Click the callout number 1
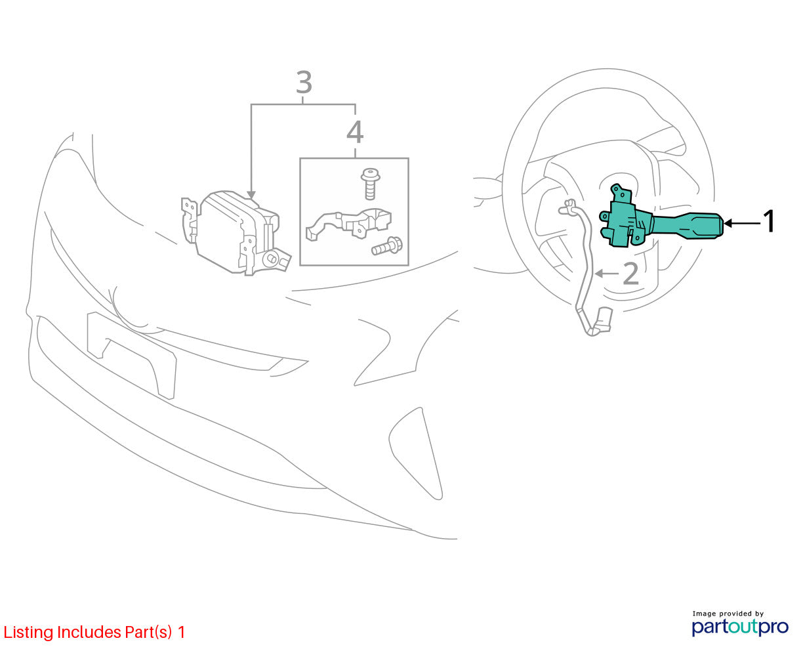click(768, 221)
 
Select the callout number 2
click(630, 274)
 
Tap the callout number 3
click(304, 82)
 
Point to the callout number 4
click(355, 132)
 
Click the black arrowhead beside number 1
click(728, 223)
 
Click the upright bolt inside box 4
click(370, 184)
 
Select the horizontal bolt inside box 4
click(387, 246)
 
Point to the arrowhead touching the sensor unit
click(251, 195)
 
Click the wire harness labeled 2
click(585, 264)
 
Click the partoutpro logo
click(739, 627)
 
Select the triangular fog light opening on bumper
click(416, 453)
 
